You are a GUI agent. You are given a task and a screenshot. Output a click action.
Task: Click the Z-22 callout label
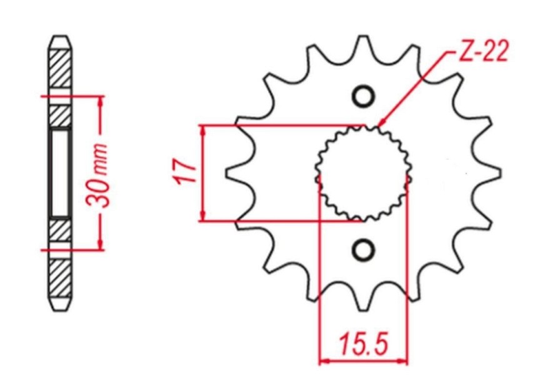[x=484, y=51]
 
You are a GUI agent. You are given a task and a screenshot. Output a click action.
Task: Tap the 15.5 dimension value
[x=364, y=344]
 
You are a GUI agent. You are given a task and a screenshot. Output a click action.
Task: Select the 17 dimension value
[x=184, y=171]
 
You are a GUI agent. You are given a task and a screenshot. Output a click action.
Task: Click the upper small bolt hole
[x=363, y=96]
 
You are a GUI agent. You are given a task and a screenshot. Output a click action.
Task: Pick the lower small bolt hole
[x=363, y=249]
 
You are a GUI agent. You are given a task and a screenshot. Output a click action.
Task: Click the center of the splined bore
[x=363, y=173]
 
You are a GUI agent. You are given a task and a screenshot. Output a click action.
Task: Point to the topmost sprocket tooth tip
[x=363, y=36]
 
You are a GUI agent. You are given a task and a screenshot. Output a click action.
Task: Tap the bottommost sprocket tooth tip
[x=363, y=309]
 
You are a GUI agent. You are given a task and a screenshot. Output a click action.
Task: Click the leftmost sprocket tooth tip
[x=227, y=173]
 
